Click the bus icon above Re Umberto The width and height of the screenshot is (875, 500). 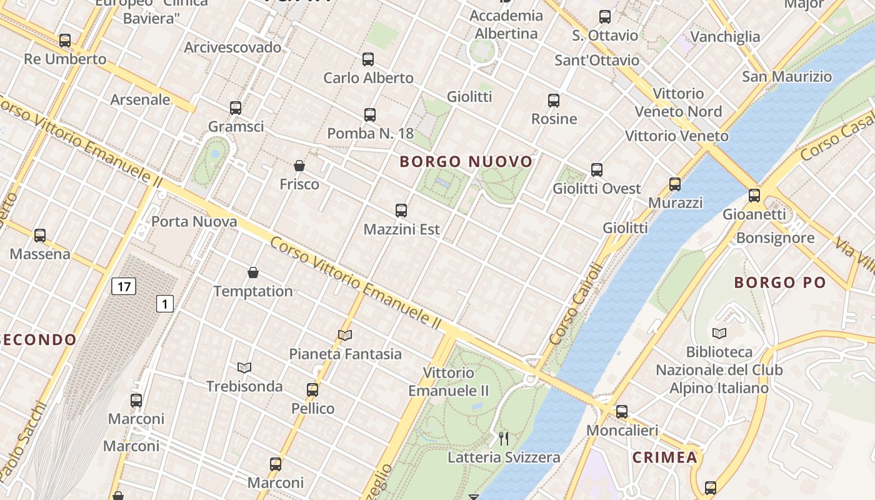pos(65,41)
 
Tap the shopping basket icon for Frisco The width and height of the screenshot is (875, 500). pos(299,166)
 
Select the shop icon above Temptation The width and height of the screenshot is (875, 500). pos(253,272)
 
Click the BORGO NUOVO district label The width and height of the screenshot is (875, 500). pos(466,162)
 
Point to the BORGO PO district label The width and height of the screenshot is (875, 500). pos(780,282)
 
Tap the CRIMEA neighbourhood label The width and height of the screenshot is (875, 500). pos(664,457)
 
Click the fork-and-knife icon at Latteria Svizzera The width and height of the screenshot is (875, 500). pos(504,439)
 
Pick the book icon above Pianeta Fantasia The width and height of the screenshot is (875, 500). pos(345,336)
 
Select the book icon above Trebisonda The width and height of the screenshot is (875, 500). pos(244,367)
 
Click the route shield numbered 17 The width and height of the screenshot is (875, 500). pos(124,287)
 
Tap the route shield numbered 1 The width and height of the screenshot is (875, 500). pos(164,304)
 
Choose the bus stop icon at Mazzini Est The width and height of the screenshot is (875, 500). pos(401,211)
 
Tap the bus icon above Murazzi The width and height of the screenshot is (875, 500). pos(675,184)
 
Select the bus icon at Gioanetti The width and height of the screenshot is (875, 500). pos(754,196)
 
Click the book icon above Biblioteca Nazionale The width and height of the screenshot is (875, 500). pos(719,333)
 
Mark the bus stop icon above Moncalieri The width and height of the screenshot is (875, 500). pos(622,412)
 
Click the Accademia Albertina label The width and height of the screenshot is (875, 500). pos(506,24)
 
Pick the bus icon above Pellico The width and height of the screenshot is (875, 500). pos(312,390)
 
